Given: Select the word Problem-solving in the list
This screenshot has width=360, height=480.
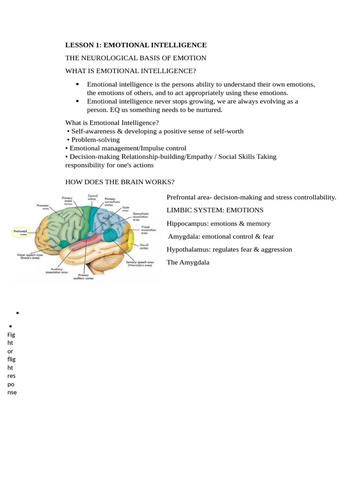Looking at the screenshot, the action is coord(96,140).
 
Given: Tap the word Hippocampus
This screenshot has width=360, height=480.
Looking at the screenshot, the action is coord(187,224).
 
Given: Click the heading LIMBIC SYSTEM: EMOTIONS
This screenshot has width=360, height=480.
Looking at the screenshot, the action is coord(215,210).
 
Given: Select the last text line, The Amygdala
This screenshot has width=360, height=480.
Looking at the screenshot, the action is coord(188,262).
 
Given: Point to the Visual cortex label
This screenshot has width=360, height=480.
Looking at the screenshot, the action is coord(144,247).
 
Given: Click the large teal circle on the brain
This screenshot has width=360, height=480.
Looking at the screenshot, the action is coord(110,234).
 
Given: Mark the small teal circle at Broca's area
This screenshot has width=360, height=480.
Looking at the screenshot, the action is coord(63,244).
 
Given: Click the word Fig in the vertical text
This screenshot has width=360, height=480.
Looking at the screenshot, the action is coord(11,335).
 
